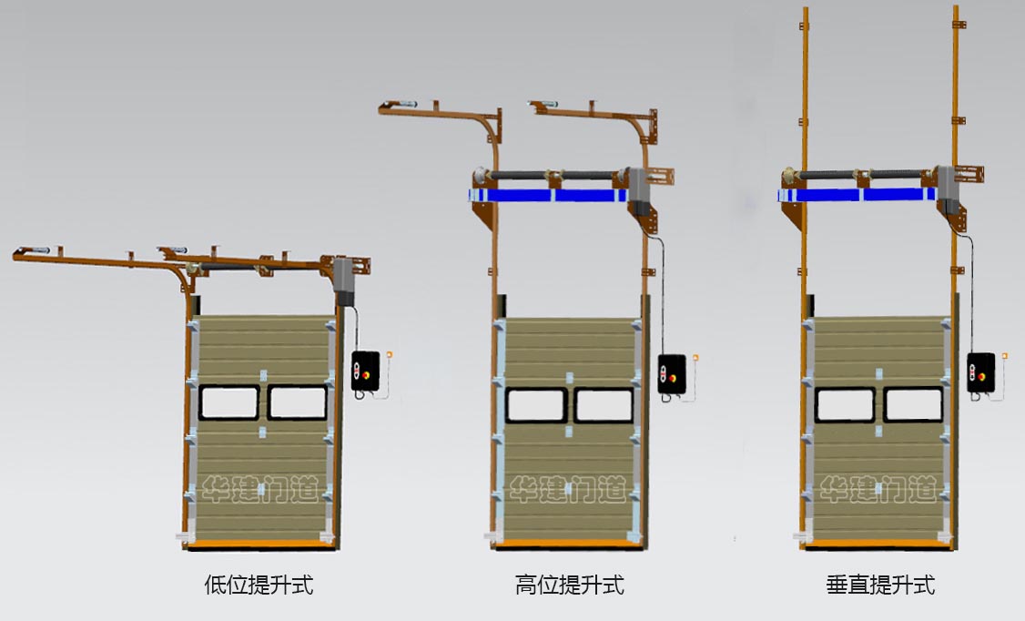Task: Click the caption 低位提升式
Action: click(259, 585)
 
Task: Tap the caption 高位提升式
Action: click(569, 585)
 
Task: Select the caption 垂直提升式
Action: click(880, 585)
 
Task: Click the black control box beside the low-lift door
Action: click(365, 372)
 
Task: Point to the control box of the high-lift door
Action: click(672, 373)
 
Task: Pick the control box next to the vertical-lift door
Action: click(981, 372)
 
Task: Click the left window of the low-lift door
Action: click(228, 402)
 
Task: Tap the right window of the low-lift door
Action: click(298, 402)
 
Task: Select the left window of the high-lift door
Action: click(536, 405)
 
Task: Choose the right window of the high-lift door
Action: click(604, 405)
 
